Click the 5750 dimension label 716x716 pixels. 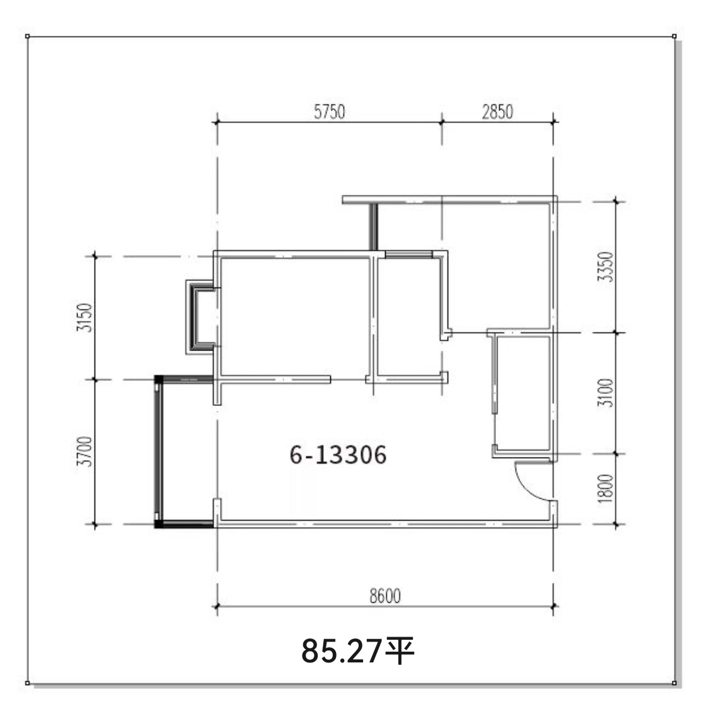[329, 112]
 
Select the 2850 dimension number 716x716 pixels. [497, 112]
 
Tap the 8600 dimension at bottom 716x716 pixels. [385, 596]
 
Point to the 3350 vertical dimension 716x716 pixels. [606, 267]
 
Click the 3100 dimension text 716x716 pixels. [606, 393]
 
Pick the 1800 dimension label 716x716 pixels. [606, 488]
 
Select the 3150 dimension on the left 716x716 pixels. [85, 318]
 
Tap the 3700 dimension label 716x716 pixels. [85, 452]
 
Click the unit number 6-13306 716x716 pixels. [338, 455]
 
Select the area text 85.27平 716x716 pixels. [357, 651]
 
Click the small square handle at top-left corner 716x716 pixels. [27, 36]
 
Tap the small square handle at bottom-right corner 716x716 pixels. [674, 683]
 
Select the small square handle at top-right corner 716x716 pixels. [674, 36]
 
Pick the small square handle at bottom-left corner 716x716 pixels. [27, 683]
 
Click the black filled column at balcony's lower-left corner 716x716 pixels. [159, 524]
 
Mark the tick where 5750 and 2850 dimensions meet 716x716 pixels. [442, 122]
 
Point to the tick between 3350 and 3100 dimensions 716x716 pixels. [616, 332]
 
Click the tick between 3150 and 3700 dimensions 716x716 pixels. [95, 379]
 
